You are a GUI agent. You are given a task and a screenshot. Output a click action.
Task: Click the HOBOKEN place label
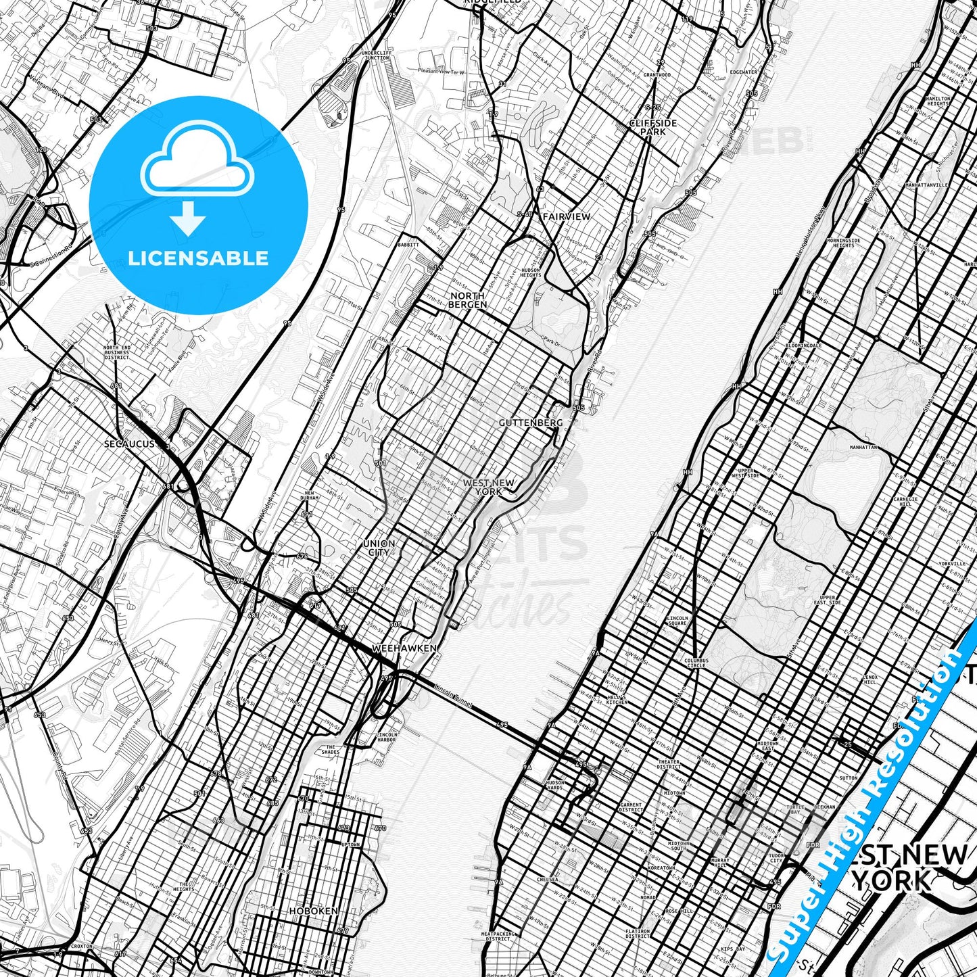pos(313,911)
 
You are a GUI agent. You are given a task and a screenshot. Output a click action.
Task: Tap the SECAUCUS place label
pos(129,444)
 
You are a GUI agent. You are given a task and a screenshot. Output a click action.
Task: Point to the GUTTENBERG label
pos(530,423)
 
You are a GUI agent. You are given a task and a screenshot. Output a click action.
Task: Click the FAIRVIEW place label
pos(566,216)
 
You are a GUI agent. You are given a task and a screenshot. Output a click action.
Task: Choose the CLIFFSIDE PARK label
pos(652,128)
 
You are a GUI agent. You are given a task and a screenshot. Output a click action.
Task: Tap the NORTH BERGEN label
pos(467,300)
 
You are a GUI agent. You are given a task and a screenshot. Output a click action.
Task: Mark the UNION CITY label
pos(379,548)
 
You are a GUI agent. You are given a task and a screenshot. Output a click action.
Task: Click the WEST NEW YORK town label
pos(488,487)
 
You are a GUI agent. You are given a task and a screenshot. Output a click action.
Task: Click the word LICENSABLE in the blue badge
pos(198,258)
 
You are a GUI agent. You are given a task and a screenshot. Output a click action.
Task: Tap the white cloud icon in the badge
pos(197,160)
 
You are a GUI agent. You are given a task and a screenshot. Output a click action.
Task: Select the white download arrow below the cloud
pos(188,220)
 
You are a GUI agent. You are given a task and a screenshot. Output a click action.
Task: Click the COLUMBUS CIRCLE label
pos(696,663)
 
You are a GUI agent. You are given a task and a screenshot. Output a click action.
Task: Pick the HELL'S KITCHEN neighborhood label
pos(616,699)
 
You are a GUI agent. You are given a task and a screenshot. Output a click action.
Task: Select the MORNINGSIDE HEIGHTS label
pos(844,243)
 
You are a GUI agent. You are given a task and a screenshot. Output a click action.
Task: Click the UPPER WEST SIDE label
pos(746,473)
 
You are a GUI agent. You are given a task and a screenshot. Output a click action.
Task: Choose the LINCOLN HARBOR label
pos(386,737)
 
